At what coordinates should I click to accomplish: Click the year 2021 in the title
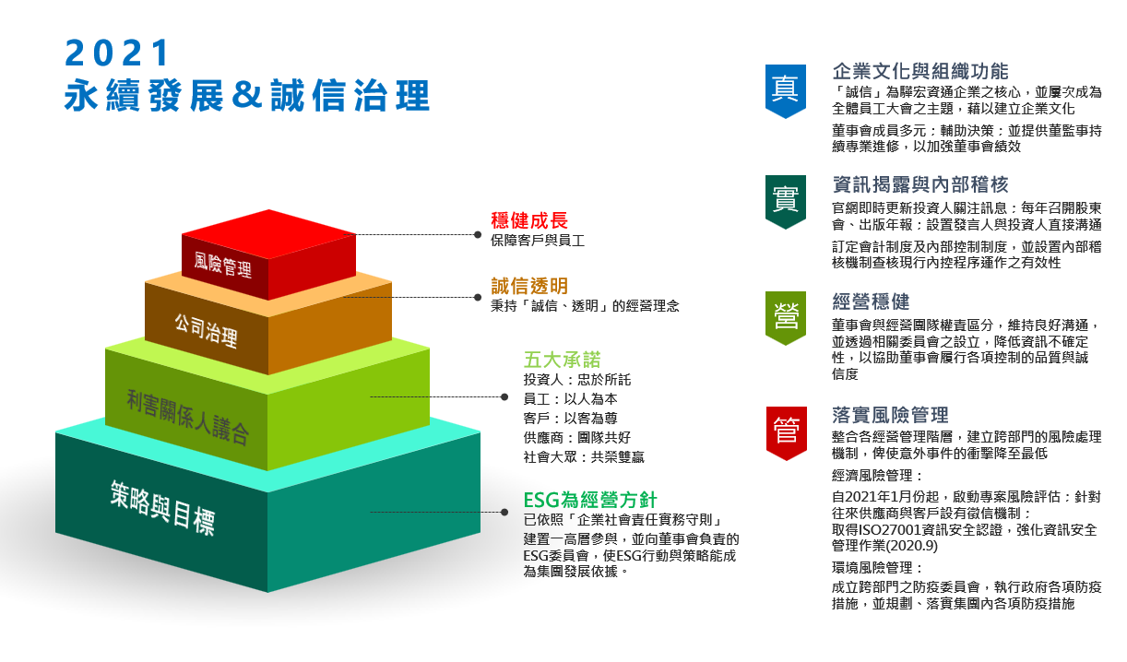[x=117, y=53]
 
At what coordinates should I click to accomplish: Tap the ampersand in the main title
[x=246, y=94]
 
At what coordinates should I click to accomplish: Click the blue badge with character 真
[x=786, y=91]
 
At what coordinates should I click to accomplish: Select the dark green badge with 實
[x=786, y=202]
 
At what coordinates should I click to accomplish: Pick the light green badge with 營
[x=786, y=318]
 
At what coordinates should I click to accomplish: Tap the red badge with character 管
[x=786, y=433]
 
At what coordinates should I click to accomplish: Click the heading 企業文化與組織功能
[x=920, y=71]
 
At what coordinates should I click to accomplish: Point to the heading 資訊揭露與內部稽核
[x=920, y=184]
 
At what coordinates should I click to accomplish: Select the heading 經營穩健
[x=871, y=301]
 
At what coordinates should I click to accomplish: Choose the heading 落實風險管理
[x=891, y=415]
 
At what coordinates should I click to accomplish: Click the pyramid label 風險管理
[x=223, y=265]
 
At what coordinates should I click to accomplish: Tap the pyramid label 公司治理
[x=207, y=330]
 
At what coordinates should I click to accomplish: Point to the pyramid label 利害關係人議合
[x=187, y=418]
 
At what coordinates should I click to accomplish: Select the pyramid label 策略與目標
[x=162, y=508]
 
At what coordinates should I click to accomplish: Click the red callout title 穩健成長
[x=529, y=220]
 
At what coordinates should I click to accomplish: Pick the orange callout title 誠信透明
[x=529, y=286]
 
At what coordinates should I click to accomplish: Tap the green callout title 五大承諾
[x=562, y=360]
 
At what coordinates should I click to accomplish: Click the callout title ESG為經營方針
[x=590, y=500]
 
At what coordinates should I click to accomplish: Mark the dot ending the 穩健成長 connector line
[x=478, y=234]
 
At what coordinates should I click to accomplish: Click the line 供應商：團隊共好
[x=577, y=438]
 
